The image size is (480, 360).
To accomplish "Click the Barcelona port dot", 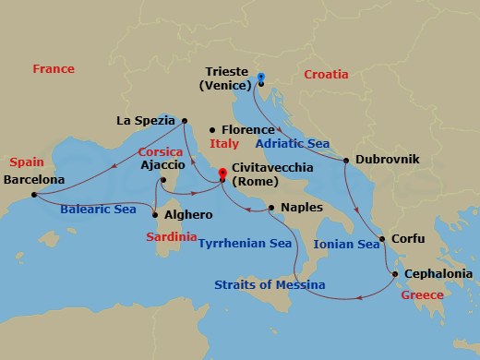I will (33, 195).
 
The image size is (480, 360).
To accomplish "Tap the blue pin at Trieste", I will (261, 78).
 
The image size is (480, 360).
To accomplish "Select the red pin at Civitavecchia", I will (222, 174).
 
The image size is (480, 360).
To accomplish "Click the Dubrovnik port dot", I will (346, 161).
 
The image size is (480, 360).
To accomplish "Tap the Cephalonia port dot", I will (395, 274).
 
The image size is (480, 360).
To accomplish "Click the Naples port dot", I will (271, 208).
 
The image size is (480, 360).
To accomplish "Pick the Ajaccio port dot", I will (162, 180).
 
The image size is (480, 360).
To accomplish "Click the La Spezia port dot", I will (185, 120).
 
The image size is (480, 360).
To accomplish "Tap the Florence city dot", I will (212, 130).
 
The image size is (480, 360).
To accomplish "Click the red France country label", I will (53, 69).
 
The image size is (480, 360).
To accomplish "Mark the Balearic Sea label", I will (98, 210).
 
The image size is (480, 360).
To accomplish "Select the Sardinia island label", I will (171, 237).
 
